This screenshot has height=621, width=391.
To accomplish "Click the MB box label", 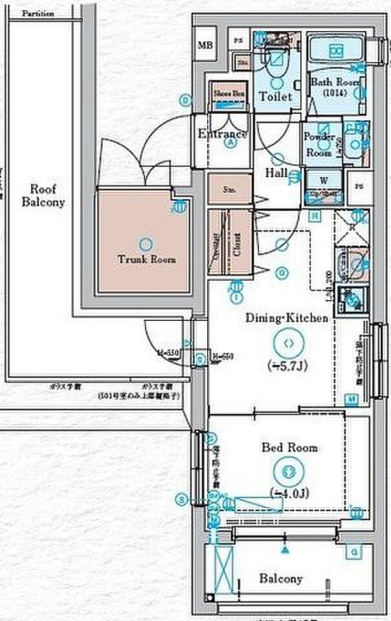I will (x=205, y=45).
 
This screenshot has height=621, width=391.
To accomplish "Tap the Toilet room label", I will (x=275, y=96).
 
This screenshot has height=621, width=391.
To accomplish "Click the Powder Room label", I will (x=319, y=145).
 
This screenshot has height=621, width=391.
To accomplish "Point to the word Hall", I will (x=276, y=173).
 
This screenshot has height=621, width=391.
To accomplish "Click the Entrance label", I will (x=222, y=135).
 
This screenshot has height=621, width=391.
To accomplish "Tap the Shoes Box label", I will (x=229, y=93).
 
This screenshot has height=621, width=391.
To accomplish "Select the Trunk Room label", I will (x=146, y=259).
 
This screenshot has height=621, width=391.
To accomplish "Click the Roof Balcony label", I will (x=43, y=195).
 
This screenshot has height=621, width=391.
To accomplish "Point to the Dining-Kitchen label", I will (x=285, y=318).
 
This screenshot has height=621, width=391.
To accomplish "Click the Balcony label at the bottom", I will (x=281, y=578).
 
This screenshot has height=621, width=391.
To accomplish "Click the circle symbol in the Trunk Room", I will (x=146, y=245).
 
